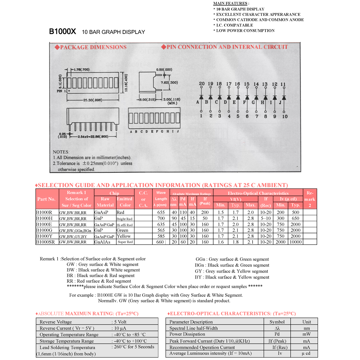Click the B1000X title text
(62, 31)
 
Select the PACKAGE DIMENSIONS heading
(91, 47)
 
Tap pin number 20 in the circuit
(202, 84)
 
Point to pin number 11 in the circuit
(283, 84)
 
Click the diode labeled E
(238, 97)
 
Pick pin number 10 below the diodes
(285, 116)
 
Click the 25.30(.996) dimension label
(92, 100)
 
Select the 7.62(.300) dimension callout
(169, 82)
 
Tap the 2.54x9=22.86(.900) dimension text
(93, 137)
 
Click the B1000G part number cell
(44, 230)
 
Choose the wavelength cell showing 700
(161, 218)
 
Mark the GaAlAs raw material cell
(102, 242)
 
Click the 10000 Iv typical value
(295, 242)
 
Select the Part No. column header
(46, 199)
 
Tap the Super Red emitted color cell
(125, 242)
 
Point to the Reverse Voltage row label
(56, 322)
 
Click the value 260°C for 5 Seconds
(134, 347)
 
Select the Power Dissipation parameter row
(187, 334)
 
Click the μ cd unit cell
(306, 353)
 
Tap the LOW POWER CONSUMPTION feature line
(245, 31)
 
